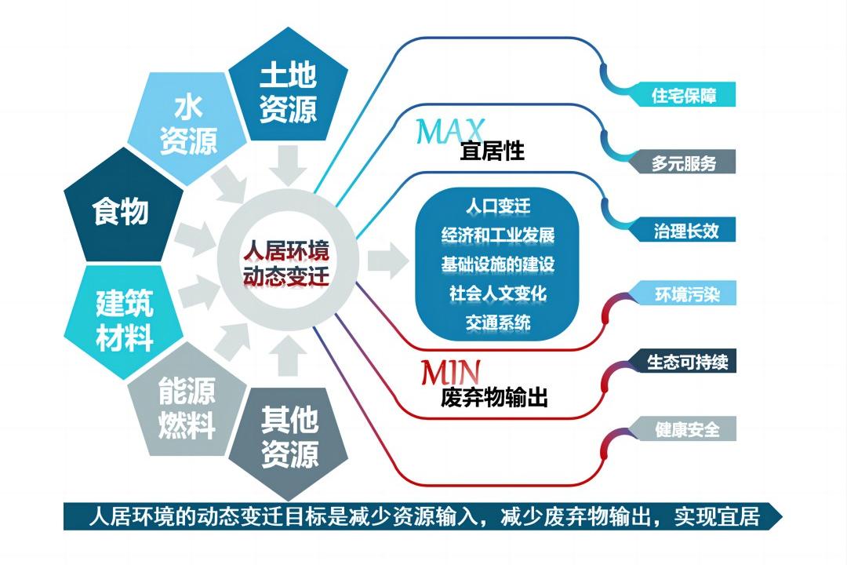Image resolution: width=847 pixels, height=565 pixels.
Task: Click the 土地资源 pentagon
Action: point(288,89)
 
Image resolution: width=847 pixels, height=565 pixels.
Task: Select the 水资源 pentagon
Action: point(187,126)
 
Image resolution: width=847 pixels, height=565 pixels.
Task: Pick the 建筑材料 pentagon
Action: point(124,320)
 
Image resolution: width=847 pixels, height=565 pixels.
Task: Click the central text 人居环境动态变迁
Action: point(286,264)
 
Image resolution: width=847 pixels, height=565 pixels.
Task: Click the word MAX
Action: point(449,130)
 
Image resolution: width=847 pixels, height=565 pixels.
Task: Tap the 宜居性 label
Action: point(492,151)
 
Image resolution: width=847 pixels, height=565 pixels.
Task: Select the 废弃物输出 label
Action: point(494,397)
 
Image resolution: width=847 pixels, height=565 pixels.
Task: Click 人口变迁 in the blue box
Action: point(497,206)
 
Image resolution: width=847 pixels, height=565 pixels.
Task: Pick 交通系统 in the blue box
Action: point(497,323)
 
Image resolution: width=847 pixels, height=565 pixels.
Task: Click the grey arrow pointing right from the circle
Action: point(388,261)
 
